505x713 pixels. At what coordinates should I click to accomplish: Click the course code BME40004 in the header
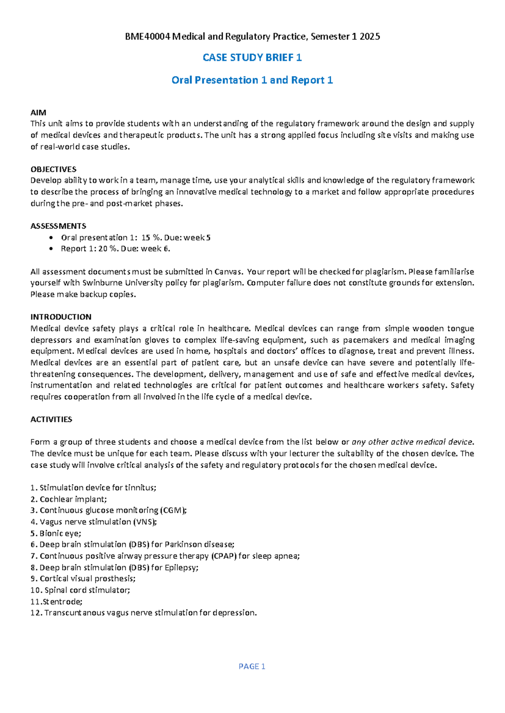pos(147,37)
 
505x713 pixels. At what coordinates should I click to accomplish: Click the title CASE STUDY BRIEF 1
pos(252,58)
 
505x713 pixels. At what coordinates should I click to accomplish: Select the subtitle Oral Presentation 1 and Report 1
pos(252,80)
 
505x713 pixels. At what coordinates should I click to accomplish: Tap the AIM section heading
pos(38,112)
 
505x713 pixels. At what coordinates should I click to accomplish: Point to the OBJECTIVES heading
pos(53,169)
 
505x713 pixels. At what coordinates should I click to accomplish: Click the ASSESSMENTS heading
pos(58,226)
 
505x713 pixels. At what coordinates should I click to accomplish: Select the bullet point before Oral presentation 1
pos(51,238)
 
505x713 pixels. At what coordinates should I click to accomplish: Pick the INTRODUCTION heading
pos(61,317)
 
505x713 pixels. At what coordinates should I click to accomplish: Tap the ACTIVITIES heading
pos(51,419)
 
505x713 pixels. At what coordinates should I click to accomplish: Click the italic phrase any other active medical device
pos(412,442)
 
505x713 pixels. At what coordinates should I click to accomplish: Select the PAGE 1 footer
pos(252,666)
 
